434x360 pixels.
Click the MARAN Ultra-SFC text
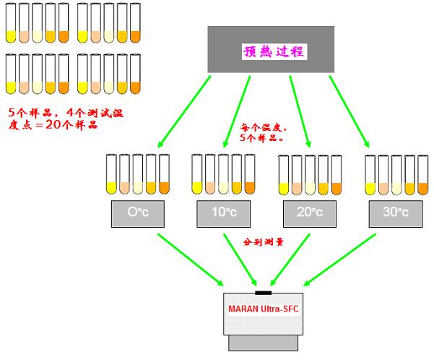(264, 311)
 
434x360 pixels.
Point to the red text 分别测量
(264, 241)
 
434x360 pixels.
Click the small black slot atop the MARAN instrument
(264, 293)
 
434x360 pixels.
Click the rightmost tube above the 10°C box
(250, 176)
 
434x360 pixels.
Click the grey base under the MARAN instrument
(264, 346)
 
